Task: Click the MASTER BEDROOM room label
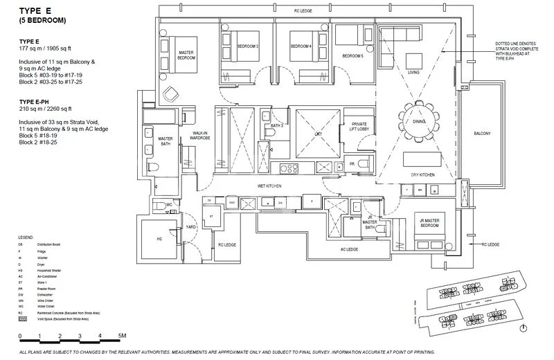pos(186,55)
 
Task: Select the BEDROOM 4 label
pos(301,46)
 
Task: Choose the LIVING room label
pos(414,72)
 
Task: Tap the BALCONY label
pos(483,134)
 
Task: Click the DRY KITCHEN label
pos(422,176)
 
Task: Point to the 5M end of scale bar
pos(122,336)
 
